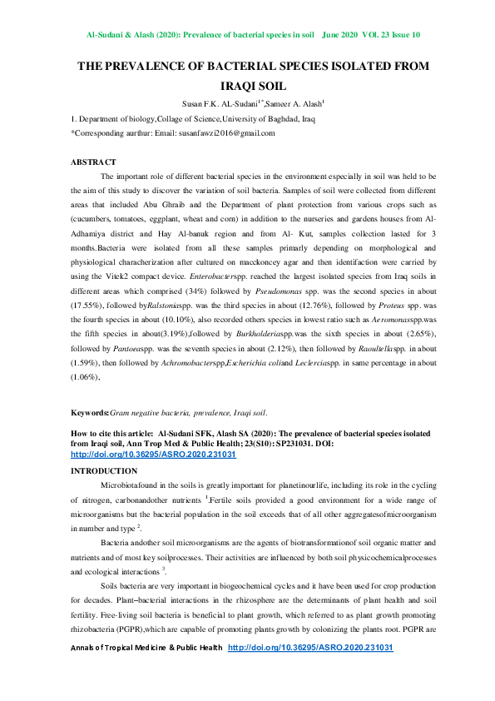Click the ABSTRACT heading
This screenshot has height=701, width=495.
coord(93,162)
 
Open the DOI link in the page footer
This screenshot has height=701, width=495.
coord(310,670)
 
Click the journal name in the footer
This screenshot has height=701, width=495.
coord(147,670)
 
